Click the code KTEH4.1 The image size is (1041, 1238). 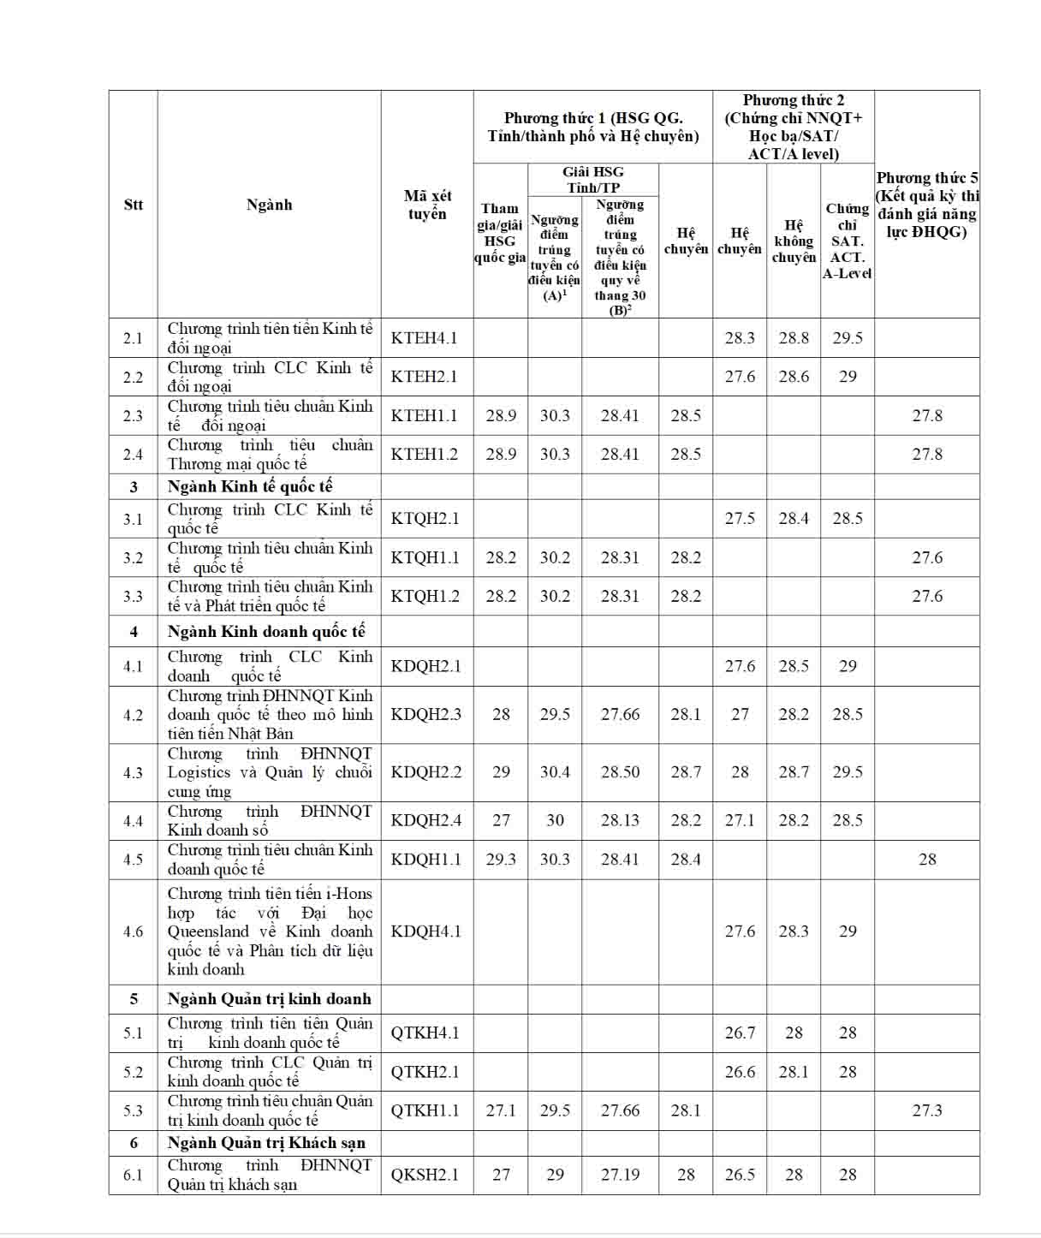tap(425, 338)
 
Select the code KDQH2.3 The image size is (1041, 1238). tap(425, 714)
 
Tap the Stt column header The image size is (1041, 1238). tap(133, 205)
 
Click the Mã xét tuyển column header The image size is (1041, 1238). tap(427, 205)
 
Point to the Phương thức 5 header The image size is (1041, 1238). tap(926, 205)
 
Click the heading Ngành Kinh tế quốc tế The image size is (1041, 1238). tap(250, 486)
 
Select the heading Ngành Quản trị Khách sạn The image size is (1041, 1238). tap(266, 1143)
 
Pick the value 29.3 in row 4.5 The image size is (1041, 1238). tap(501, 859)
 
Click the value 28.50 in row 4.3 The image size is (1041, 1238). tap(620, 772)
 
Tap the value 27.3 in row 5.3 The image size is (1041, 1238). tap(927, 1110)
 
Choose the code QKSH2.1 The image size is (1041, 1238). tap(425, 1175)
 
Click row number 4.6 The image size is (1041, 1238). tap(133, 931)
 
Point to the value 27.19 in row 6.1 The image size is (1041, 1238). tap(620, 1175)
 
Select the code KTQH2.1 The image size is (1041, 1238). tap(425, 518)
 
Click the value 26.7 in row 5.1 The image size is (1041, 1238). tap(740, 1033)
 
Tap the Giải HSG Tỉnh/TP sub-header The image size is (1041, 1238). tap(593, 180)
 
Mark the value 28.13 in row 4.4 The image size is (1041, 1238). tap(620, 820)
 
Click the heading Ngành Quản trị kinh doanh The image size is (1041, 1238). tap(270, 999)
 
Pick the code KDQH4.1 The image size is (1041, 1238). tap(425, 931)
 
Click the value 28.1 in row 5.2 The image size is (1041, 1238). tap(794, 1072)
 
